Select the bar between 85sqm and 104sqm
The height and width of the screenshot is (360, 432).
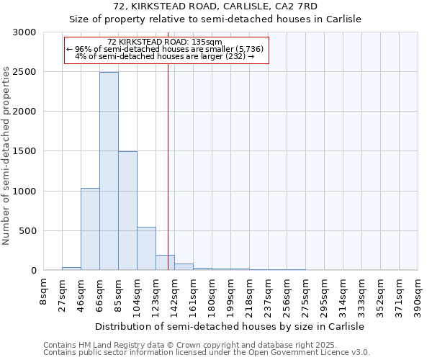tap(127, 211)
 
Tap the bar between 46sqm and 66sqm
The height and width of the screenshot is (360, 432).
tap(90, 229)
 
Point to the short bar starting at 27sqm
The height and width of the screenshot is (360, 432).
tap(71, 269)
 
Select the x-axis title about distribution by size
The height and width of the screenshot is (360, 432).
tap(230, 326)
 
